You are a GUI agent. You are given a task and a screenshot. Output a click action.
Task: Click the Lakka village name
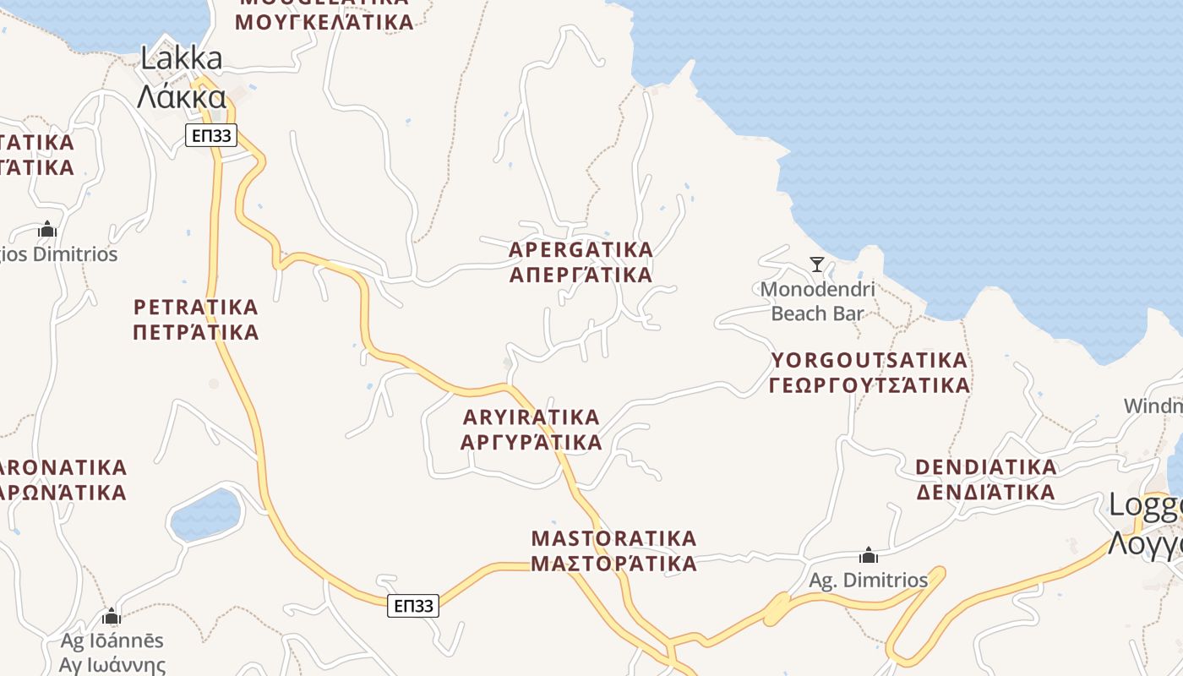pos(181,59)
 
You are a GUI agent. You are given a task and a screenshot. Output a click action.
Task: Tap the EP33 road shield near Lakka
pos(211,135)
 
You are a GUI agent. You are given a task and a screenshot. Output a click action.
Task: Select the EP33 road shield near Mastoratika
pos(413,605)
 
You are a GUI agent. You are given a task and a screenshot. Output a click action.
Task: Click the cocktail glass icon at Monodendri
pos(816,264)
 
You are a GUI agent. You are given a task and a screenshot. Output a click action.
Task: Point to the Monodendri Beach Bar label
pos(817,302)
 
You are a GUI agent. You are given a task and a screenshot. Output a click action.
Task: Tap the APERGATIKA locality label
pos(581,250)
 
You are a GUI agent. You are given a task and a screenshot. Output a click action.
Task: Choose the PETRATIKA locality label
pos(196,307)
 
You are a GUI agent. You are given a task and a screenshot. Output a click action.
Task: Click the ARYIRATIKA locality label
pos(532,417)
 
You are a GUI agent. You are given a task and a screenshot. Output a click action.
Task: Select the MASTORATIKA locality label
pos(614,539)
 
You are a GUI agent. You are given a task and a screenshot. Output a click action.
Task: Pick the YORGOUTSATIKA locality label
pos(870,361)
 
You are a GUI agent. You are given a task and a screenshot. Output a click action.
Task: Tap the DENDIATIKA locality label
pos(986,467)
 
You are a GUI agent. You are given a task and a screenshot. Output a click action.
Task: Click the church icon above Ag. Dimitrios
pos(868,556)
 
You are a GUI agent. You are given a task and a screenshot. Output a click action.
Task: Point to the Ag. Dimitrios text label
pos(868,581)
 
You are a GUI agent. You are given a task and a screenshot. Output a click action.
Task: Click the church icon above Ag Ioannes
pos(112,616)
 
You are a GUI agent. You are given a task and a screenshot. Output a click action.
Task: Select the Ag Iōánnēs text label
pos(112,641)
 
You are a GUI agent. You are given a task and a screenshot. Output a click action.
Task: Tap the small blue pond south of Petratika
pos(205,515)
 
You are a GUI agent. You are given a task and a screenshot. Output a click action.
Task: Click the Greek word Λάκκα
pos(181,97)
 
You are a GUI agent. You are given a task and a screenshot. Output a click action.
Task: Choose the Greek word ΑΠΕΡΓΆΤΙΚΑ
pos(581,275)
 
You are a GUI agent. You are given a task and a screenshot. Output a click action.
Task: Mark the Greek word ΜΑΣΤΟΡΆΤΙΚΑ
pos(614,564)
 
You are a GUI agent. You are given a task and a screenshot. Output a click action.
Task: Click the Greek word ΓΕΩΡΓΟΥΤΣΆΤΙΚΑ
pos(870,386)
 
